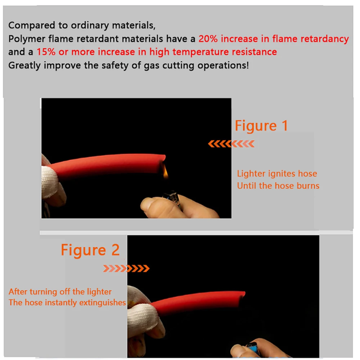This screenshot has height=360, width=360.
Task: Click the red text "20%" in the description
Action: click(208, 39)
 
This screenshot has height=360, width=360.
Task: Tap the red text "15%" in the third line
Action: click(46, 52)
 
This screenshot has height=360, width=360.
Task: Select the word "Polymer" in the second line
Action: click(27, 39)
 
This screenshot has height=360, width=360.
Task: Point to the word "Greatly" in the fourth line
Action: click(24, 66)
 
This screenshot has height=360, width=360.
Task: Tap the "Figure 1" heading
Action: click(261, 126)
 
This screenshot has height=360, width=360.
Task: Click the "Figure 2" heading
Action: click(90, 250)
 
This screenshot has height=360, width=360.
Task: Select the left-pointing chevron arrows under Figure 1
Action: click(231, 144)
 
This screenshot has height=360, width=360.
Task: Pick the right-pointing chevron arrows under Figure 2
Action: click(126, 268)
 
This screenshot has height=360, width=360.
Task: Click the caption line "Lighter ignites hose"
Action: click(277, 174)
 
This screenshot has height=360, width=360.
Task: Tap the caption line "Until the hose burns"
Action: click(278, 185)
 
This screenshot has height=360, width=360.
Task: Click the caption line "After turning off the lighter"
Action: click(60, 292)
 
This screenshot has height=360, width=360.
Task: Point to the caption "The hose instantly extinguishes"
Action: click(67, 303)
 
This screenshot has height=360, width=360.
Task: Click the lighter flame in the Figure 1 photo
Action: click(165, 173)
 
